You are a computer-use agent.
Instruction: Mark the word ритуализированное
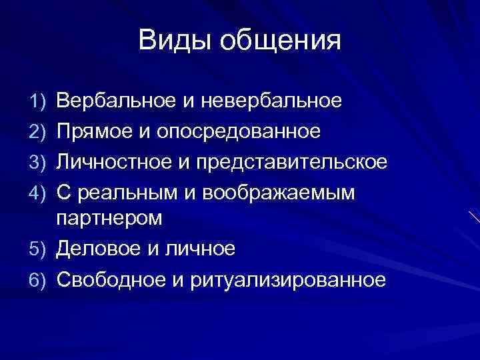[288, 280]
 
